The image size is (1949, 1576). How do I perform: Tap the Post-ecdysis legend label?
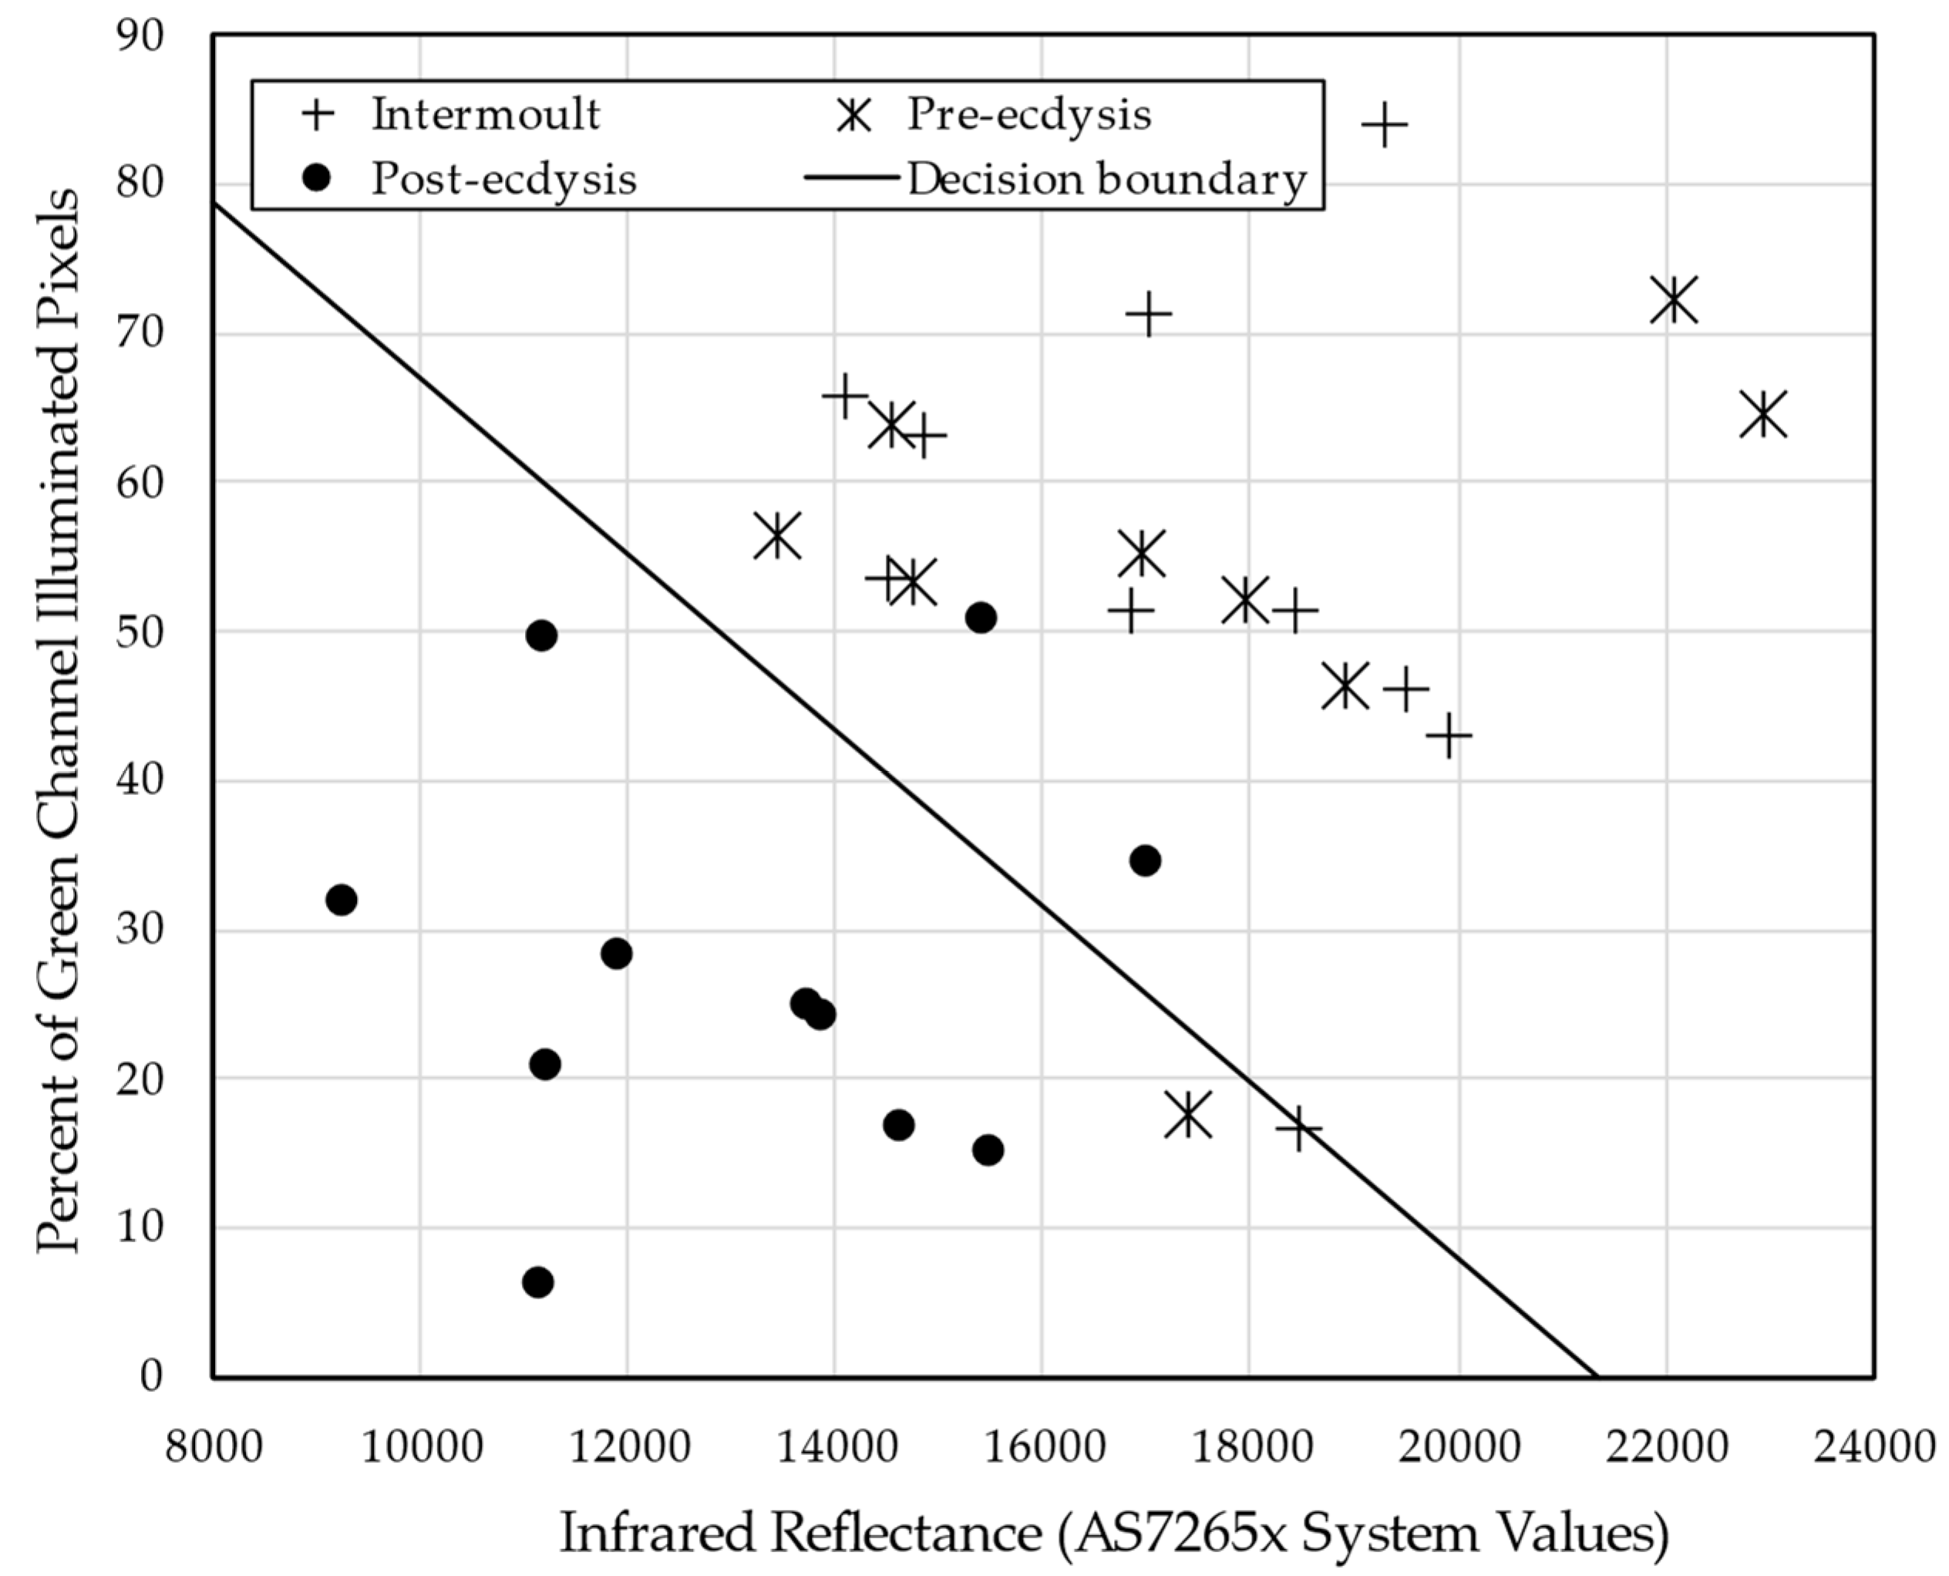503,180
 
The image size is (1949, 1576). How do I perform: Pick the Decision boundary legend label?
1106,180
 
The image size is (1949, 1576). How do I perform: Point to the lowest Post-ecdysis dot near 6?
538,1282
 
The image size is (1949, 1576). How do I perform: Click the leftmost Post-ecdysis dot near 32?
341,900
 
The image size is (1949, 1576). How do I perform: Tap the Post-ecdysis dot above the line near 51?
981,618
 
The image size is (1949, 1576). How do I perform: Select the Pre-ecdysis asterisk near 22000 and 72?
1674,301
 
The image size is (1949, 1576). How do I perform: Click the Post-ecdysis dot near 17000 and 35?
1145,860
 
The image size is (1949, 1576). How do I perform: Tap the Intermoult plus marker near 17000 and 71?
1148,314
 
